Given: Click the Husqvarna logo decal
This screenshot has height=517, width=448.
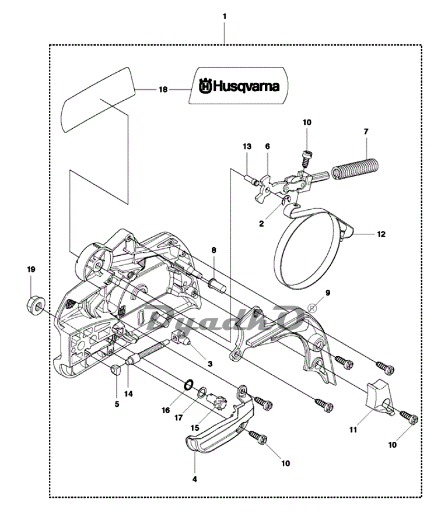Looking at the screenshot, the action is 239,86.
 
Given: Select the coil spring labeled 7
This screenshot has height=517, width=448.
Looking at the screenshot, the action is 355,170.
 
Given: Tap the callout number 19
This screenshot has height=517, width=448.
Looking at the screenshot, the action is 31,269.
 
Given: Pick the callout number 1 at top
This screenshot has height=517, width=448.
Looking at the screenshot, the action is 225,16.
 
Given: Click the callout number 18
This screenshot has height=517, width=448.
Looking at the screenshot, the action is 163,89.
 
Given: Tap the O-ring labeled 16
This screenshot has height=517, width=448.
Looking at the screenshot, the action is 188,385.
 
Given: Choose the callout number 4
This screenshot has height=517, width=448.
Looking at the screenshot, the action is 195,479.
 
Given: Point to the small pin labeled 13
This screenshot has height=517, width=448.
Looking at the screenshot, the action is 250,180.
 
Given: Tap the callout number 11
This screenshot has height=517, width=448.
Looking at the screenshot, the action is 353,430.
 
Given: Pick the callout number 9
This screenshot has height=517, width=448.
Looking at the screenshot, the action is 328,293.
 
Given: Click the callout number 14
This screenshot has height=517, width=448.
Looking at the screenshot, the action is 128,393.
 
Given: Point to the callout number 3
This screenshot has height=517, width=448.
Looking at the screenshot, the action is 210,364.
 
